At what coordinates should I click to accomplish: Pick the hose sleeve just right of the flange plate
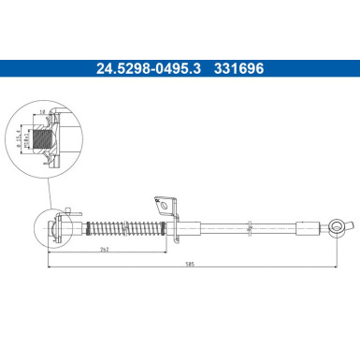coord(186,226)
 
